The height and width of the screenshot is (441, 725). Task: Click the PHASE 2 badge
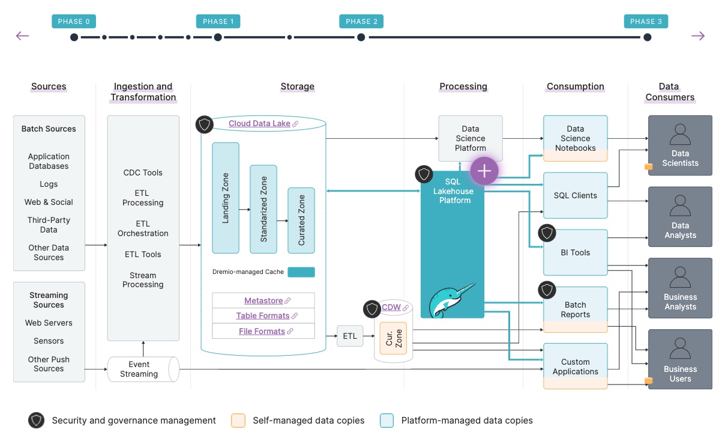pos(361,21)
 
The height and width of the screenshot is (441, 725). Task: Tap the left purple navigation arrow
pos(23,36)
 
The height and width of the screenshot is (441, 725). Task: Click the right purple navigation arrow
pos(698,36)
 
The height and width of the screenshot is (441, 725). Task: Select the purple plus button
pos(484,171)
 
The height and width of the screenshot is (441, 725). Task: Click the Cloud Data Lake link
pos(259,124)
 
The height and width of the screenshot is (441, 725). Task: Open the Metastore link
pos(263,300)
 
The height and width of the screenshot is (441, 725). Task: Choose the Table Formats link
pos(263,315)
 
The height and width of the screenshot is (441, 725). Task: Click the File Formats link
pos(262,331)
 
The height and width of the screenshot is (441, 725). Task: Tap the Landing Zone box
pos(226,198)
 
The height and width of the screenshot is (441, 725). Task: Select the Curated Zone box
pos(301,220)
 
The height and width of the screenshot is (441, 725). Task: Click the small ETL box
pos(350,336)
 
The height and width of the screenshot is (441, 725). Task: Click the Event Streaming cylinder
pos(143,369)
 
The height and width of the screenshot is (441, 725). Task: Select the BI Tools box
pos(575,252)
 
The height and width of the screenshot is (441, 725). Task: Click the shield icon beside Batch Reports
pos(547,290)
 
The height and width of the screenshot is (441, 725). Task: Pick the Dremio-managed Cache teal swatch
pos(301,272)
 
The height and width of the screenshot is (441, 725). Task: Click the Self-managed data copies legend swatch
pos(238,421)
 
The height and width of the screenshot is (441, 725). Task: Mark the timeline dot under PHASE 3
pos(647,37)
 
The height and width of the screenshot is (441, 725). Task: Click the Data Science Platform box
pos(470,138)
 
